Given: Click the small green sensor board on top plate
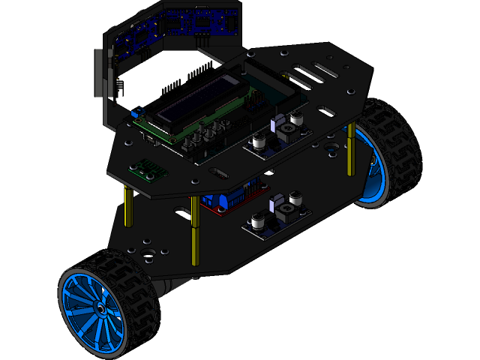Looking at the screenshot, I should click(147, 169).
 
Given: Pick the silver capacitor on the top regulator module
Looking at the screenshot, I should click(260, 140).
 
